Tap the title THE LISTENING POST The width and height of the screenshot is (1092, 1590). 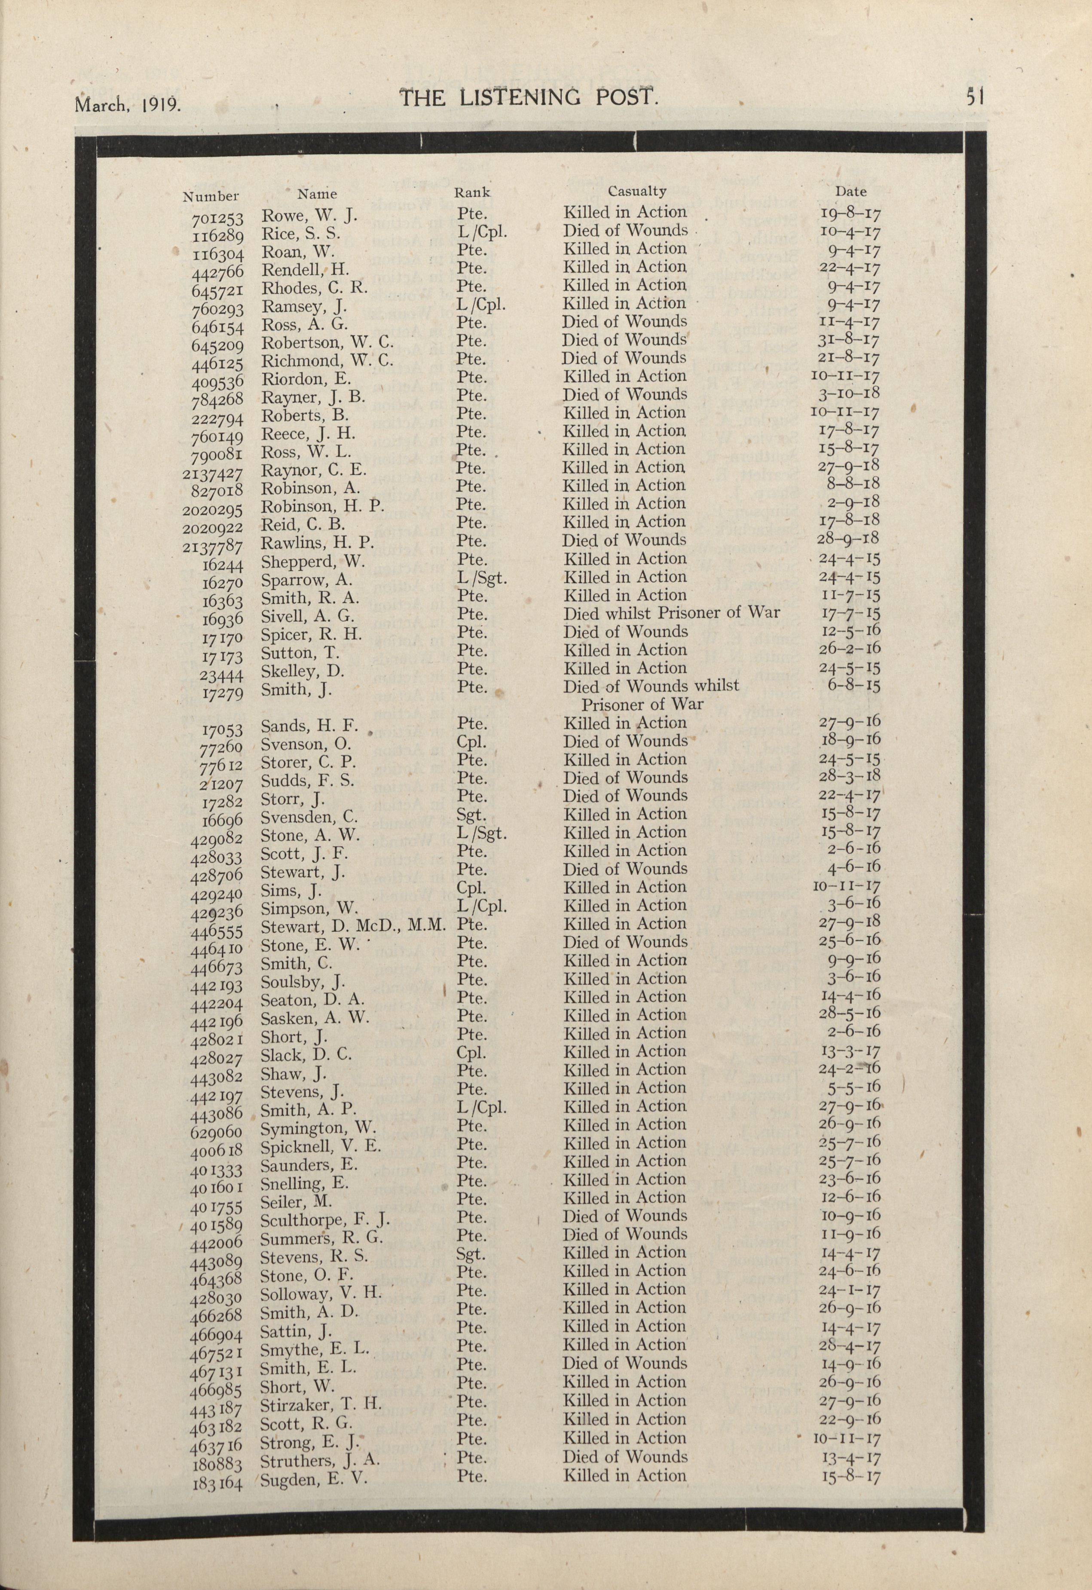click(528, 98)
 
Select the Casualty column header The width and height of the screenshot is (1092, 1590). click(636, 192)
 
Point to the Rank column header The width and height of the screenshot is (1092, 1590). click(472, 193)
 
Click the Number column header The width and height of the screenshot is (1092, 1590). click(211, 197)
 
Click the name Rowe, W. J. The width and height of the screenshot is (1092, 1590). click(309, 216)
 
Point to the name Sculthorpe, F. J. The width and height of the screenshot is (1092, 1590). click(325, 1220)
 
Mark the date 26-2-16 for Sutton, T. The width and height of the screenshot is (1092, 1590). click(850, 649)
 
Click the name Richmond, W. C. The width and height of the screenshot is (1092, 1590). click(327, 361)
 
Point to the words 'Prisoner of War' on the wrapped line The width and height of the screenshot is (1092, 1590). click(642, 705)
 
